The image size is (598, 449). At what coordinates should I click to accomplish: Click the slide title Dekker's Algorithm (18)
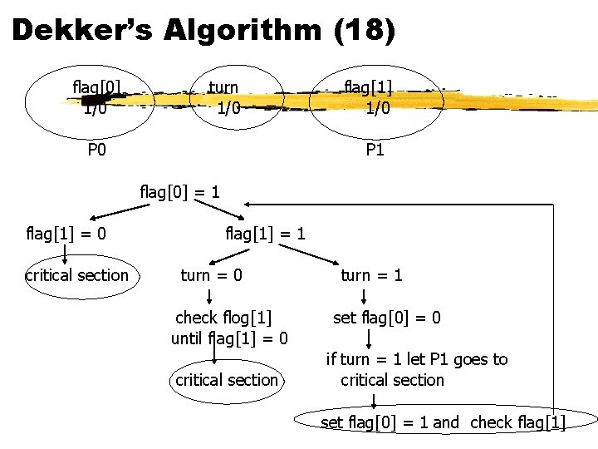204,32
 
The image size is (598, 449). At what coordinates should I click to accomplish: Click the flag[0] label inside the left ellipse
97,86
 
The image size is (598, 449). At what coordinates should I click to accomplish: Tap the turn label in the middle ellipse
223,86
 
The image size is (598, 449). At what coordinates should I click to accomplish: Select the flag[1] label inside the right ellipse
369,86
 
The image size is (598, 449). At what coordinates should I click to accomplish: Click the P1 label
375,150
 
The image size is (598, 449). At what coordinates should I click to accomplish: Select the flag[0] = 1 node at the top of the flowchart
180,192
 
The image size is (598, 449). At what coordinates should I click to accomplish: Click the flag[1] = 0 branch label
66,234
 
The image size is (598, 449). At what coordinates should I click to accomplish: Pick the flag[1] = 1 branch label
265,234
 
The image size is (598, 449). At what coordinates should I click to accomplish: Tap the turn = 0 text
212,274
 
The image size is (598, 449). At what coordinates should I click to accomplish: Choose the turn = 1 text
371,274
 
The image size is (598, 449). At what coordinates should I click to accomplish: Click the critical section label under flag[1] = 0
77,275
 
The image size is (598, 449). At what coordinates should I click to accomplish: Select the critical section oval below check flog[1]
227,380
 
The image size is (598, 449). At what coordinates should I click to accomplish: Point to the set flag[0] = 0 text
387,317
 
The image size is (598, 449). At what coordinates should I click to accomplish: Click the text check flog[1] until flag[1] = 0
229,328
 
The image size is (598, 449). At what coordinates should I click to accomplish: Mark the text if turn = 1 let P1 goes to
417,359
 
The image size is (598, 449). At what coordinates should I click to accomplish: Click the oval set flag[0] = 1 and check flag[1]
443,422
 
